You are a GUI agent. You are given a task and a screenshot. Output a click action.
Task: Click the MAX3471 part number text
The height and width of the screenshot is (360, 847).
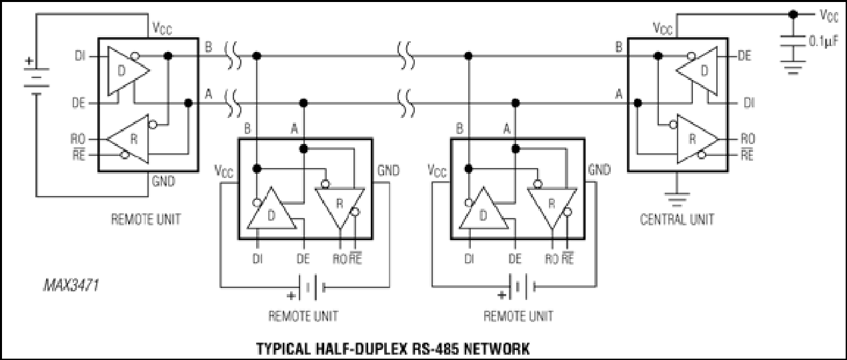(71, 285)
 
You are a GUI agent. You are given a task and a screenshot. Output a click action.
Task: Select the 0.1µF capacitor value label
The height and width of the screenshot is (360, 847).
(824, 41)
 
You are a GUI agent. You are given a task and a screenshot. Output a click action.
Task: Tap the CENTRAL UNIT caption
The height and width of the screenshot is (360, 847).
(677, 219)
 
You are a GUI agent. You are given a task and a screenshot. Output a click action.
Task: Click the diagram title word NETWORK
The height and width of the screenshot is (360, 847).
(496, 349)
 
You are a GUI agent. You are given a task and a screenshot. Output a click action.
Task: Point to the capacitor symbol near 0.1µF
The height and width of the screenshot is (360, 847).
(793, 41)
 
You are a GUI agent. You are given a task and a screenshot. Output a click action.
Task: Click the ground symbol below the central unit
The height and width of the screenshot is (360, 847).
(677, 199)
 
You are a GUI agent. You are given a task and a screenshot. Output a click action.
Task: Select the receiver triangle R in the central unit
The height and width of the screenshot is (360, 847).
(698, 139)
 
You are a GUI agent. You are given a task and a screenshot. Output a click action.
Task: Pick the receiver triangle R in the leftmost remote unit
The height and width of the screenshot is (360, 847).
(128, 139)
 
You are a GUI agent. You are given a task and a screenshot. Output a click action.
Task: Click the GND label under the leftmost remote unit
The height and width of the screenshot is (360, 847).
(163, 181)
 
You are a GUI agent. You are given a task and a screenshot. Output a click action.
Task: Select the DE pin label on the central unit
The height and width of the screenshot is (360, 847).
(744, 56)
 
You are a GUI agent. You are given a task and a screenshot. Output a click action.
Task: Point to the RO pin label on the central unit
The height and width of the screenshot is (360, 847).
(748, 139)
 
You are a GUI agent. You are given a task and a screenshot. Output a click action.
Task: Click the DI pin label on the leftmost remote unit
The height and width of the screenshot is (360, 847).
(80, 56)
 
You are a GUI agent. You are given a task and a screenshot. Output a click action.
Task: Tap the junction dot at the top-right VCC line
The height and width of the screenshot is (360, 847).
(793, 15)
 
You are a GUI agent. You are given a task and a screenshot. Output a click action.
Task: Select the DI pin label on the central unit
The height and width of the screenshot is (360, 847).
(749, 103)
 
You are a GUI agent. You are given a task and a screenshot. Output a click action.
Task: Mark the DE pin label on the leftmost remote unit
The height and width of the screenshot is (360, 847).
(79, 103)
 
